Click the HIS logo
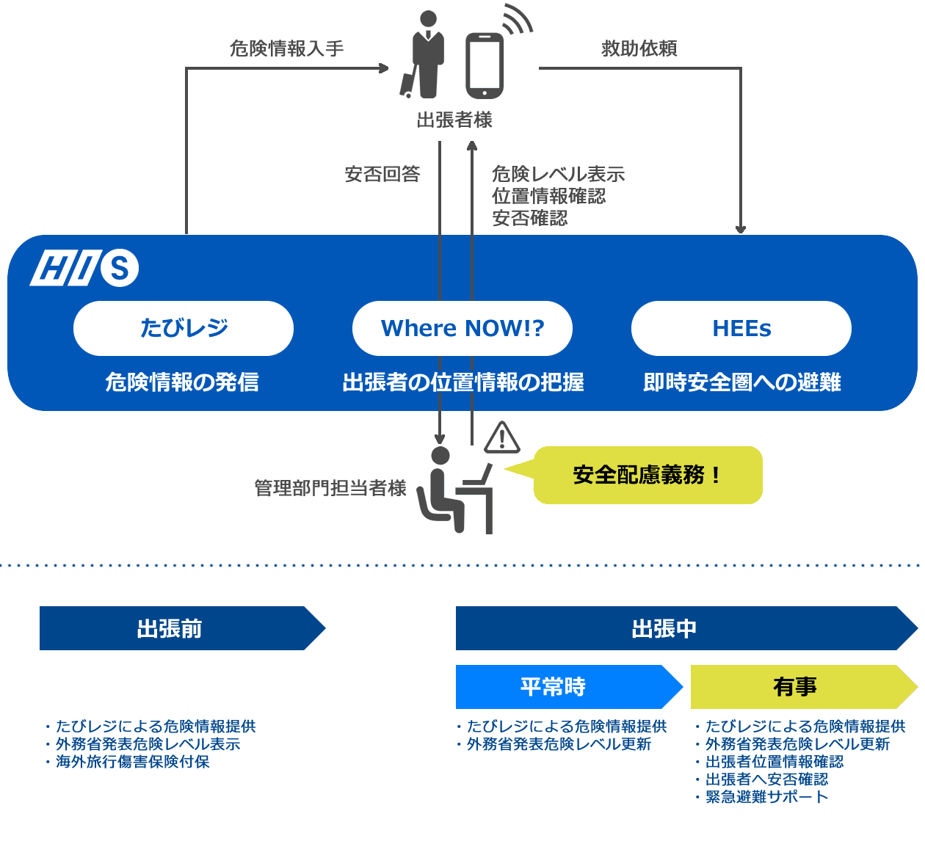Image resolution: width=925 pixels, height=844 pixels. pos(84,268)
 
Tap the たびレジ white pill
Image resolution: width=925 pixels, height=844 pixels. pos(184,328)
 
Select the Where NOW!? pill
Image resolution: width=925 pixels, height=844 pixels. pos(462,328)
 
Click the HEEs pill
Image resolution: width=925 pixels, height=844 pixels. pos(741,328)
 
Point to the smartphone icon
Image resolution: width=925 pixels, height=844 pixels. pos(485,65)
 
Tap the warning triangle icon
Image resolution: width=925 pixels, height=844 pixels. pos(502,437)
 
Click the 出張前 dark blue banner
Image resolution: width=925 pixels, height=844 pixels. pos(176,628)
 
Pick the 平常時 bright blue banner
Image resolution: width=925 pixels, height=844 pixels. pos(562,687)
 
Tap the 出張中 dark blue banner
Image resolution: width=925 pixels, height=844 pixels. pos(675,628)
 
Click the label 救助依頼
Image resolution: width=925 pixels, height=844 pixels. pos(639,48)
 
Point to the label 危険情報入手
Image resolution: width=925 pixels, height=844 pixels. pos(287,48)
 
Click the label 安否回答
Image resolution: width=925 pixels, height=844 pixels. pos(382,174)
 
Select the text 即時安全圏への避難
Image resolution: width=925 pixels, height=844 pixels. pos(742,382)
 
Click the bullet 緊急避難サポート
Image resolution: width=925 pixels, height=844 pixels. pos(766,797)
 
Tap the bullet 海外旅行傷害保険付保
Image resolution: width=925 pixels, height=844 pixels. pos(133,762)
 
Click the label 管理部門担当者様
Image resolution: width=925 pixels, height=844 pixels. pos(330,488)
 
